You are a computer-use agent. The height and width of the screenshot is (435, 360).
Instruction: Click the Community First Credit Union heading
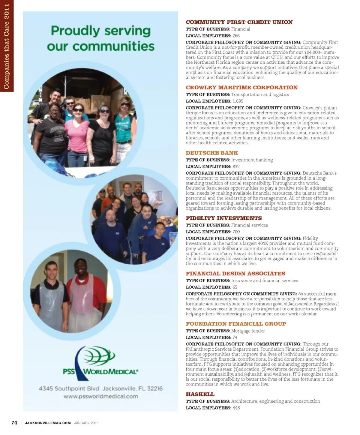pos(239,22)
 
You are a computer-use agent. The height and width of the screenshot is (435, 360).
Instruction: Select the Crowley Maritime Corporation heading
pos(242,87)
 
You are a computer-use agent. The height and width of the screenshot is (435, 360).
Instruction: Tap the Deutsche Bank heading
pos(212,153)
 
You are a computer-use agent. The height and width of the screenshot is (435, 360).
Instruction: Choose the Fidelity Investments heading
pos(224,218)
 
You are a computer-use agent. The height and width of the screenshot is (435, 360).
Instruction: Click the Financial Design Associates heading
pos(235,274)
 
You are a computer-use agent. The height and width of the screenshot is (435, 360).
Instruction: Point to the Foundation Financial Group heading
pos(236,324)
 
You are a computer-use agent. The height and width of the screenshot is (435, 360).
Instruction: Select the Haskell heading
pos(200,394)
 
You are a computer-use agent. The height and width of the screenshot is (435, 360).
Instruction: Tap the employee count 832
pos(236,166)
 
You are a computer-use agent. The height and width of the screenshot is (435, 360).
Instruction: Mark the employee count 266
pos(236,36)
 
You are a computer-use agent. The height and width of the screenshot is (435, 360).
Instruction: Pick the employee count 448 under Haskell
pos(236,408)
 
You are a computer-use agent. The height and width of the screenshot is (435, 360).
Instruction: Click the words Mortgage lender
pos(248,331)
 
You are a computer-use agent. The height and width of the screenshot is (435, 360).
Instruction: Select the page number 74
pos(14,423)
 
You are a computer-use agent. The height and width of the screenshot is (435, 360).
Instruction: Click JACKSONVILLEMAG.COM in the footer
pos(48,423)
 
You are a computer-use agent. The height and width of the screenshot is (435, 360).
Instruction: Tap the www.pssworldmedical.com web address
pos(100,396)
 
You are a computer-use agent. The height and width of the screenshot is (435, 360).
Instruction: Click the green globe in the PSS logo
pos(99,355)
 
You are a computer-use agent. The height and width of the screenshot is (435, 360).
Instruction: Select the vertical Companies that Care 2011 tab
pos(6,46)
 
